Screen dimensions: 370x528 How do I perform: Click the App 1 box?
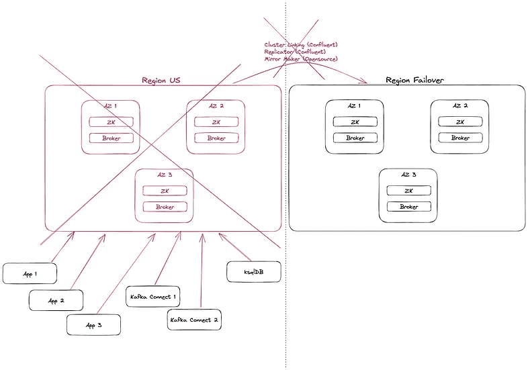[x=30, y=273]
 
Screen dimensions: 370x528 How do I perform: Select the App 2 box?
[x=56, y=300]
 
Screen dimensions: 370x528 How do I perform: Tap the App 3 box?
[x=93, y=324]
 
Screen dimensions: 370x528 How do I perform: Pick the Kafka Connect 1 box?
[x=152, y=295]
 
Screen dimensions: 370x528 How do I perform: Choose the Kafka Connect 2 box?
[x=194, y=319]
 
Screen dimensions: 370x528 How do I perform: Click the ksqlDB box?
[x=253, y=272]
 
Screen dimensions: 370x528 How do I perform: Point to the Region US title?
[x=161, y=80]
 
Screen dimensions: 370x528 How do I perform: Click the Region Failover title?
[x=414, y=80]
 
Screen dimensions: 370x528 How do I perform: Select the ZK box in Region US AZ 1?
[x=111, y=122]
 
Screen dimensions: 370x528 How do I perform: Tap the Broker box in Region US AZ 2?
[x=216, y=138]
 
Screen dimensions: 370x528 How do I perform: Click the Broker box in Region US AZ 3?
[x=165, y=207]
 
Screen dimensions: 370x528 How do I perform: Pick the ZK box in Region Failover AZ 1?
[x=355, y=122]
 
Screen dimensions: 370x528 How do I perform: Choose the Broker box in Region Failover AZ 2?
[x=460, y=138]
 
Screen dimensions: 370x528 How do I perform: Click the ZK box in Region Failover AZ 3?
[x=408, y=191]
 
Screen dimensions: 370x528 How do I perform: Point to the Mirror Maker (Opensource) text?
[x=300, y=59]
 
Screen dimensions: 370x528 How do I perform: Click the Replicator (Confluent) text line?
[x=295, y=52]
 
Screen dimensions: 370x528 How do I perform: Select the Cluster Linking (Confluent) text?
[x=300, y=45]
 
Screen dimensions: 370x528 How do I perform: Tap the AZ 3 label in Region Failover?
[x=408, y=175]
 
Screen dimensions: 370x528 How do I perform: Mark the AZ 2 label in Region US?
[x=216, y=106]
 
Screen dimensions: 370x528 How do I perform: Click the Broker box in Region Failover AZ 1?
[x=355, y=138]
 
